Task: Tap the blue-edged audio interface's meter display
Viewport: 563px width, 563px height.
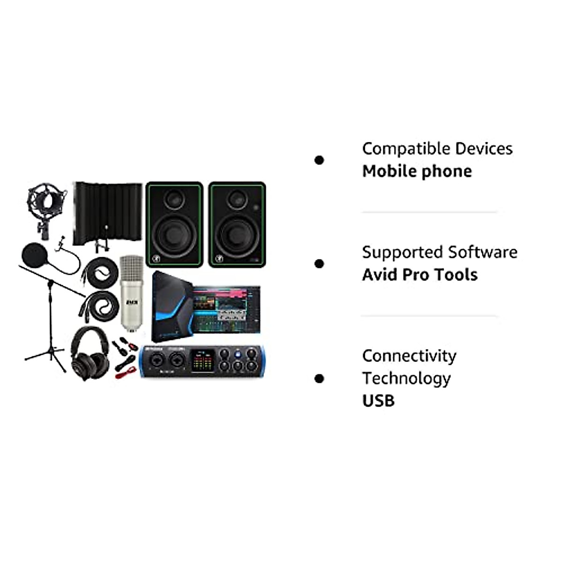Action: tap(203, 360)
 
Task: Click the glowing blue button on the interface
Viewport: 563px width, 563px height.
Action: tap(238, 354)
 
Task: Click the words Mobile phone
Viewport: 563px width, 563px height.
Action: tap(417, 171)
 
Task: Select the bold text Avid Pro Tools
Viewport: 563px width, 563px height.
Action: tap(419, 275)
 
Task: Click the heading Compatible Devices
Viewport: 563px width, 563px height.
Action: tap(437, 149)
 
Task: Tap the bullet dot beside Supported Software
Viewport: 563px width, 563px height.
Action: tap(320, 264)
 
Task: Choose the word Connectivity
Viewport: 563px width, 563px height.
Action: tap(409, 356)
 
